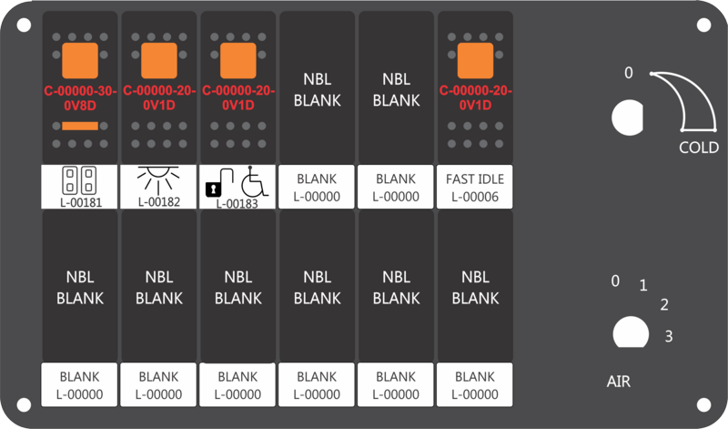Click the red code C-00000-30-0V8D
[x=80, y=98]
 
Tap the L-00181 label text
[x=81, y=202]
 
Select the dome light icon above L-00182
[x=158, y=180]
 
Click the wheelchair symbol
[x=255, y=181]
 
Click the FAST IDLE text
[x=475, y=179]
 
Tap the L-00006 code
[x=475, y=197]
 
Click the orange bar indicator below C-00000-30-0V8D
[x=80, y=126]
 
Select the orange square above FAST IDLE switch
[x=475, y=61]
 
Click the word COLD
[x=699, y=148]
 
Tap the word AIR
[x=619, y=382]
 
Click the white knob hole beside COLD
[x=627, y=117]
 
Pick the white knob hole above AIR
[x=631, y=332]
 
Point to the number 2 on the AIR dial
[x=664, y=304]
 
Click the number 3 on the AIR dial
[x=669, y=336]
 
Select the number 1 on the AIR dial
[x=643, y=285]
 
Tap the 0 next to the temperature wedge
[x=628, y=73]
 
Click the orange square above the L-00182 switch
[x=158, y=61]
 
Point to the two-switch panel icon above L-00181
[x=79, y=180]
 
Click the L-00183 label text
[x=237, y=204]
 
